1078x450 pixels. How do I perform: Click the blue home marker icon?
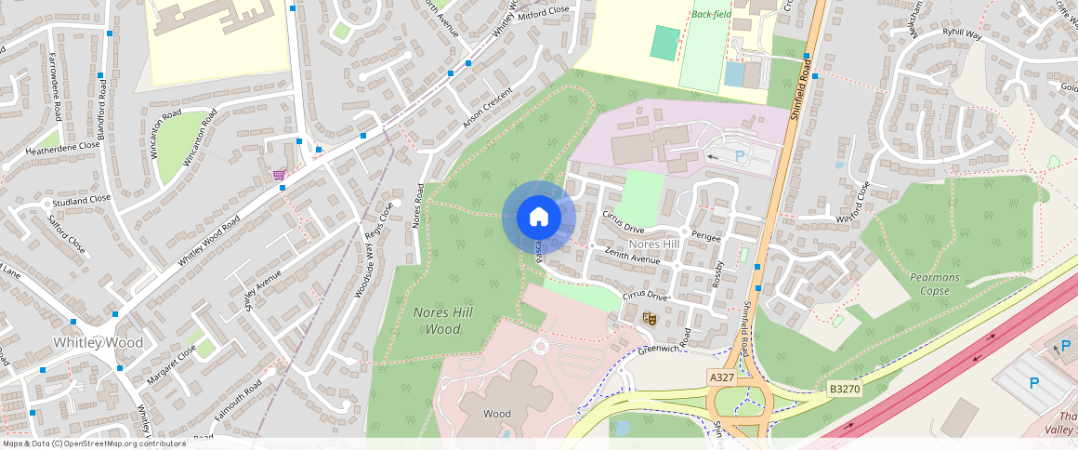[538, 218]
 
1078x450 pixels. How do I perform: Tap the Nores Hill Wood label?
[444, 320]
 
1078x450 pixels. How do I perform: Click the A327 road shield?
[722, 377]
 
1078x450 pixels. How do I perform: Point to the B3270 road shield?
[845, 387]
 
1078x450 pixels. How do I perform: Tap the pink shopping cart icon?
[279, 175]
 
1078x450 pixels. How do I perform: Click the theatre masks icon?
[651, 318]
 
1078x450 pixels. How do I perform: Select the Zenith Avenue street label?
[632, 256]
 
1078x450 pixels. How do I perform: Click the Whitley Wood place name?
[98, 343]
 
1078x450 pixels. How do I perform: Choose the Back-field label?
[711, 14]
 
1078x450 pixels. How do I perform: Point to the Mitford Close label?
[544, 10]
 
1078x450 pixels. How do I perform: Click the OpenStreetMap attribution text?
[93, 443]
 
